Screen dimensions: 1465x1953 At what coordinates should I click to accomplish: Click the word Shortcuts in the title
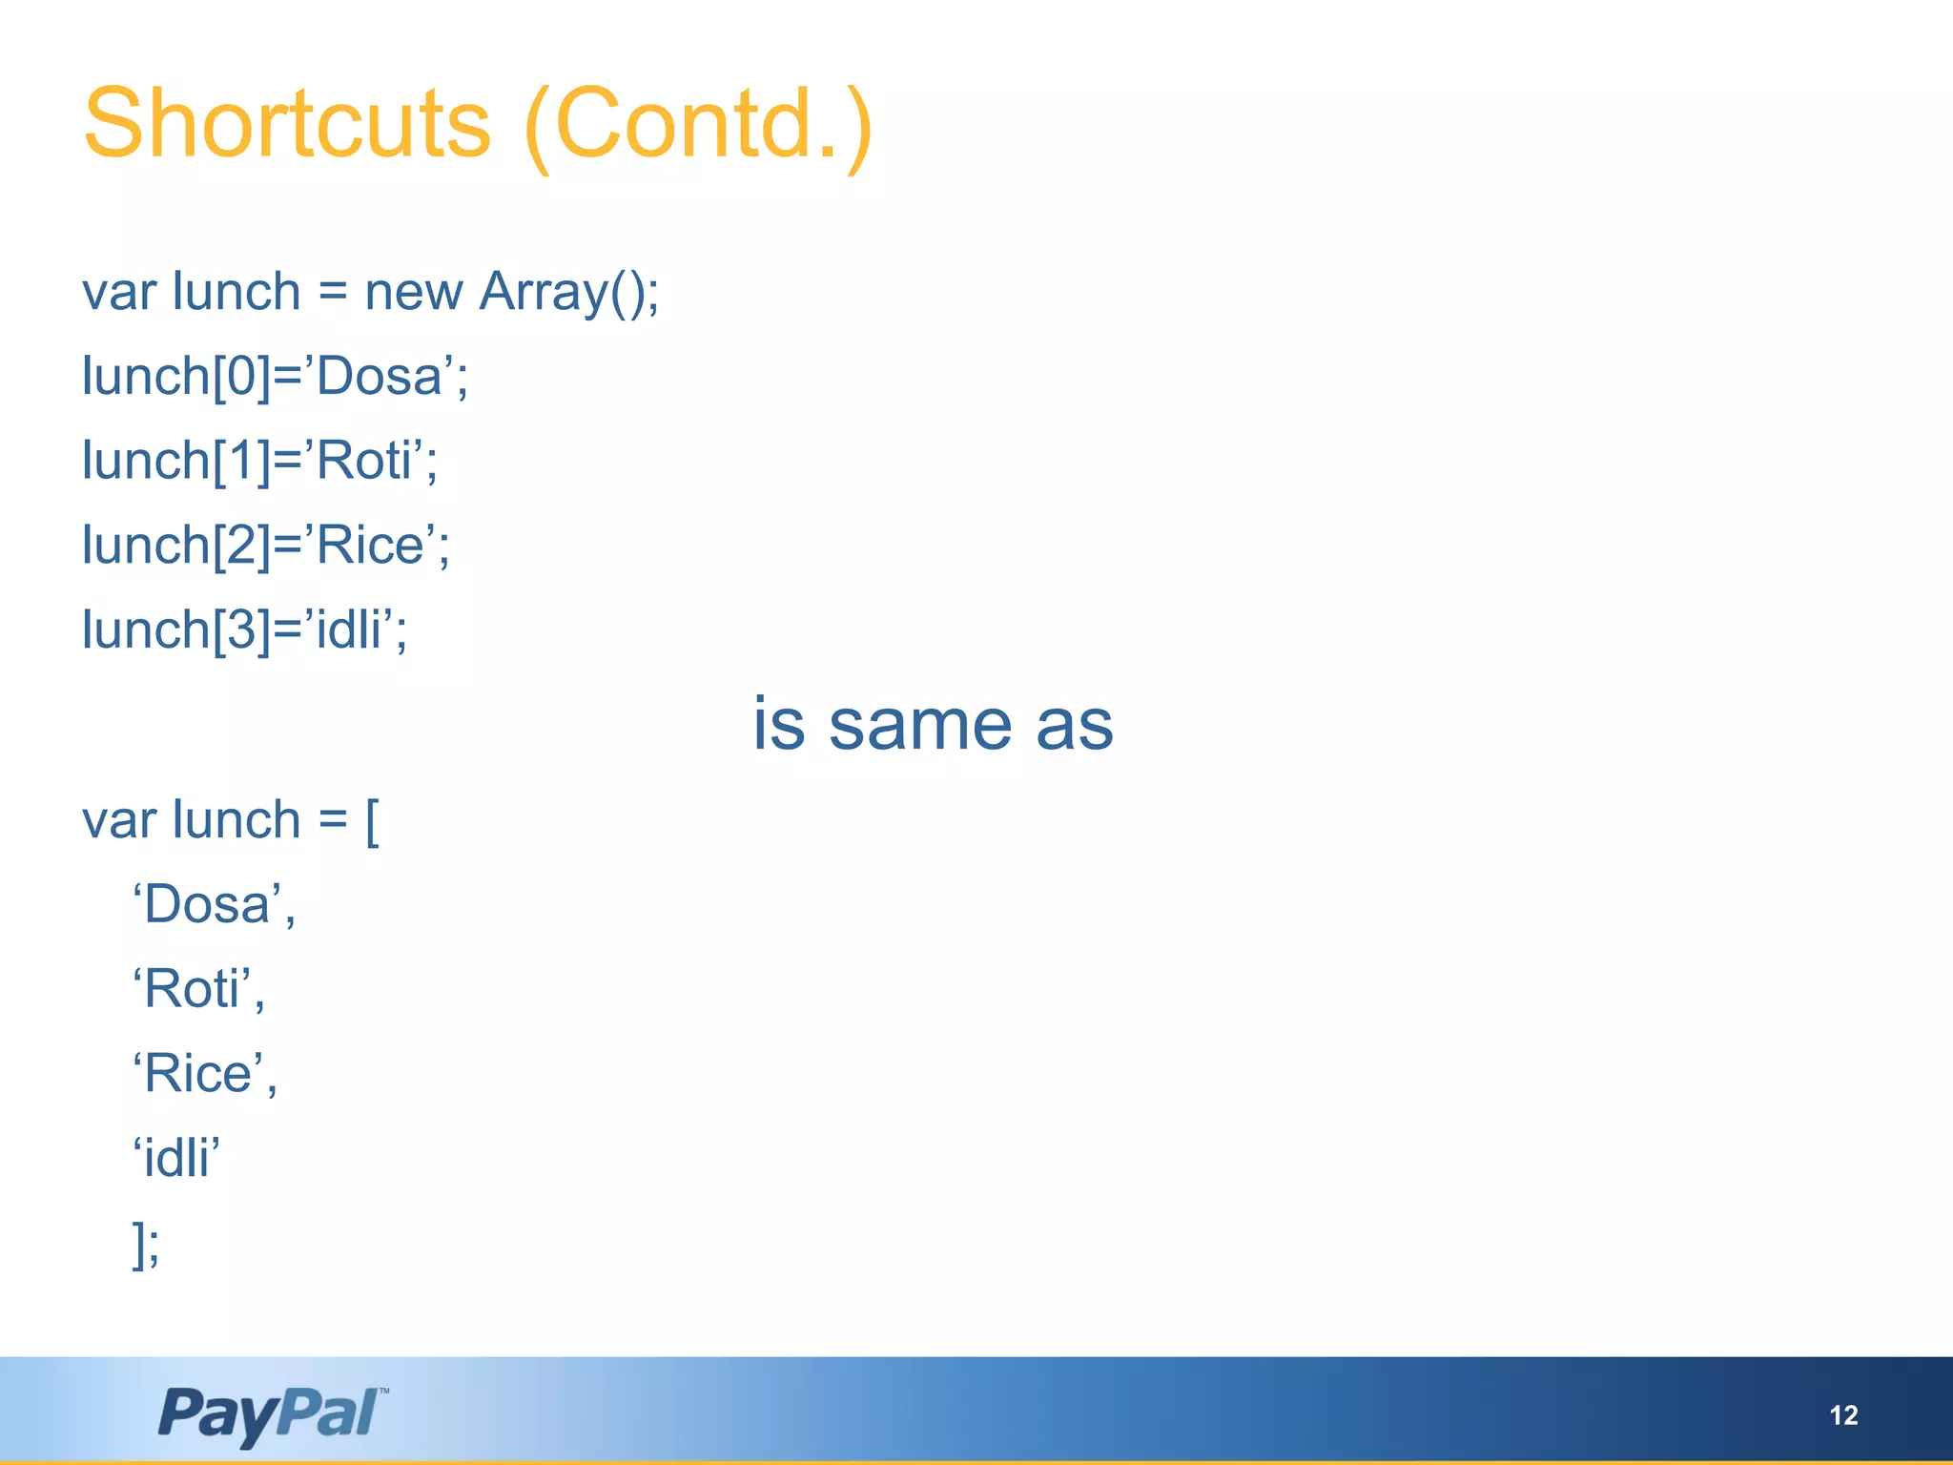(x=286, y=124)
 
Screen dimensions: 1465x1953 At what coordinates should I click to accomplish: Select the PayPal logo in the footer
(x=273, y=1413)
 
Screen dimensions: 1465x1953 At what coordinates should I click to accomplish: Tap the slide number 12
(x=1843, y=1415)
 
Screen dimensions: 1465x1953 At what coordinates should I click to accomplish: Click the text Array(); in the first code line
(x=568, y=292)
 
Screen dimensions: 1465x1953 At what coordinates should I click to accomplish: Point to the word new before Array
(x=413, y=293)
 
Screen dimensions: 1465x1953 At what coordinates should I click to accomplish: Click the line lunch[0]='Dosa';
(x=275, y=377)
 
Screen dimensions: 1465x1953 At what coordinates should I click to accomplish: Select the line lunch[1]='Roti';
(x=259, y=461)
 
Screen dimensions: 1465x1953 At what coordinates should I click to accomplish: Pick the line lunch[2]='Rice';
(x=265, y=546)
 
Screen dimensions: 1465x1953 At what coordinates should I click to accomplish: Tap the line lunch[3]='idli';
(x=244, y=630)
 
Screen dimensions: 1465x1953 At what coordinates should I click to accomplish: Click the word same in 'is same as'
(x=919, y=725)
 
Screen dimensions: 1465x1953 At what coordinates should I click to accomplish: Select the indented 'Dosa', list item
(x=214, y=905)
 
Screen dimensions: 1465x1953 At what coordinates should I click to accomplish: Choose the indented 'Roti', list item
(x=198, y=989)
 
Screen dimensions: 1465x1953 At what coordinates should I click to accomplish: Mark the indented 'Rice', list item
(x=204, y=1074)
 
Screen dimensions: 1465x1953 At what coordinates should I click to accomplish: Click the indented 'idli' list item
(x=176, y=1158)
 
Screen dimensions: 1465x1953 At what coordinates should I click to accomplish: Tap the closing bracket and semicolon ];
(x=146, y=1244)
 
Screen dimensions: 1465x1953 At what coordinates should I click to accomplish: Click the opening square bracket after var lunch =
(x=372, y=821)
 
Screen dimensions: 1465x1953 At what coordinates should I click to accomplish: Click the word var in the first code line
(x=119, y=293)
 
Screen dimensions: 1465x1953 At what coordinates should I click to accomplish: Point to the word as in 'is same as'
(x=1075, y=725)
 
